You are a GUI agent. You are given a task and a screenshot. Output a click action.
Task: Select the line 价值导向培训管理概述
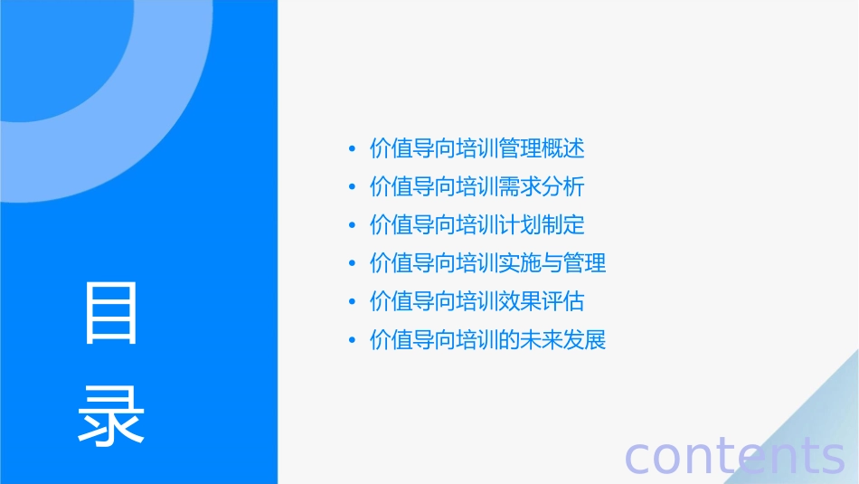coord(477,148)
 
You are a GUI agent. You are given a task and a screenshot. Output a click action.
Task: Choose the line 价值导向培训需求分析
coord(477,187)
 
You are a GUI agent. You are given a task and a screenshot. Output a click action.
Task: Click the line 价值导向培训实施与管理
coord(487,263)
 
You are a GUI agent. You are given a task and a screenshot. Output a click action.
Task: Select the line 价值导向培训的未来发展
coord(487,340)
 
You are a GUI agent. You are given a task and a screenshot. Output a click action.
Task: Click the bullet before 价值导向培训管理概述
coord(352,149)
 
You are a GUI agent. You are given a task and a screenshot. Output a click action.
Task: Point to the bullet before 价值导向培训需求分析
coord(352,188)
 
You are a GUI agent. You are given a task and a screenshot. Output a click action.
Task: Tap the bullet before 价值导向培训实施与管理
coord(352,264)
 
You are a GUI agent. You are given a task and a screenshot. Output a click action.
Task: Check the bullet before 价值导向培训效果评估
coord(352,302)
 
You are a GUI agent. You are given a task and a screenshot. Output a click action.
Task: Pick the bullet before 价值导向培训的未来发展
coord(352,341)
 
